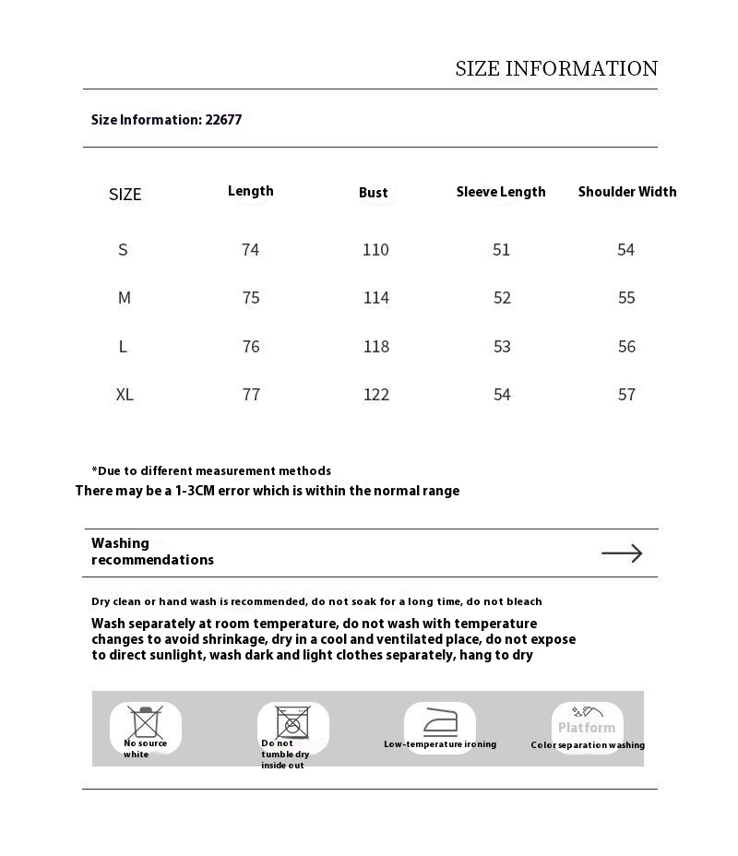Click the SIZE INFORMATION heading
click(556, 69)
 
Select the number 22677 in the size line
click(223, 120)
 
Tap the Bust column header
click(374, 193)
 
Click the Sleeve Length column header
click(501, 192)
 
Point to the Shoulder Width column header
click(627, 192)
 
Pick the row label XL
click(125, 395)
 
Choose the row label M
click(125, 298)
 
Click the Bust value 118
click(375, 347)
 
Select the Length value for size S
click(250, 250)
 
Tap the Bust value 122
click(375, 395)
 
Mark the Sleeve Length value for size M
click(502, 298)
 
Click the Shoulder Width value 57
click(626, 395)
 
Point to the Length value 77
click(251, 395)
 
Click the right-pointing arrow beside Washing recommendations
click(622, 553)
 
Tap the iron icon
click(440, 721)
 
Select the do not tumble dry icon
click(292, 722)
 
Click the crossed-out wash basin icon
click(146, 721)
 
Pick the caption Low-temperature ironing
click(440, 744)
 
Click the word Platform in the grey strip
click(587, 728)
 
